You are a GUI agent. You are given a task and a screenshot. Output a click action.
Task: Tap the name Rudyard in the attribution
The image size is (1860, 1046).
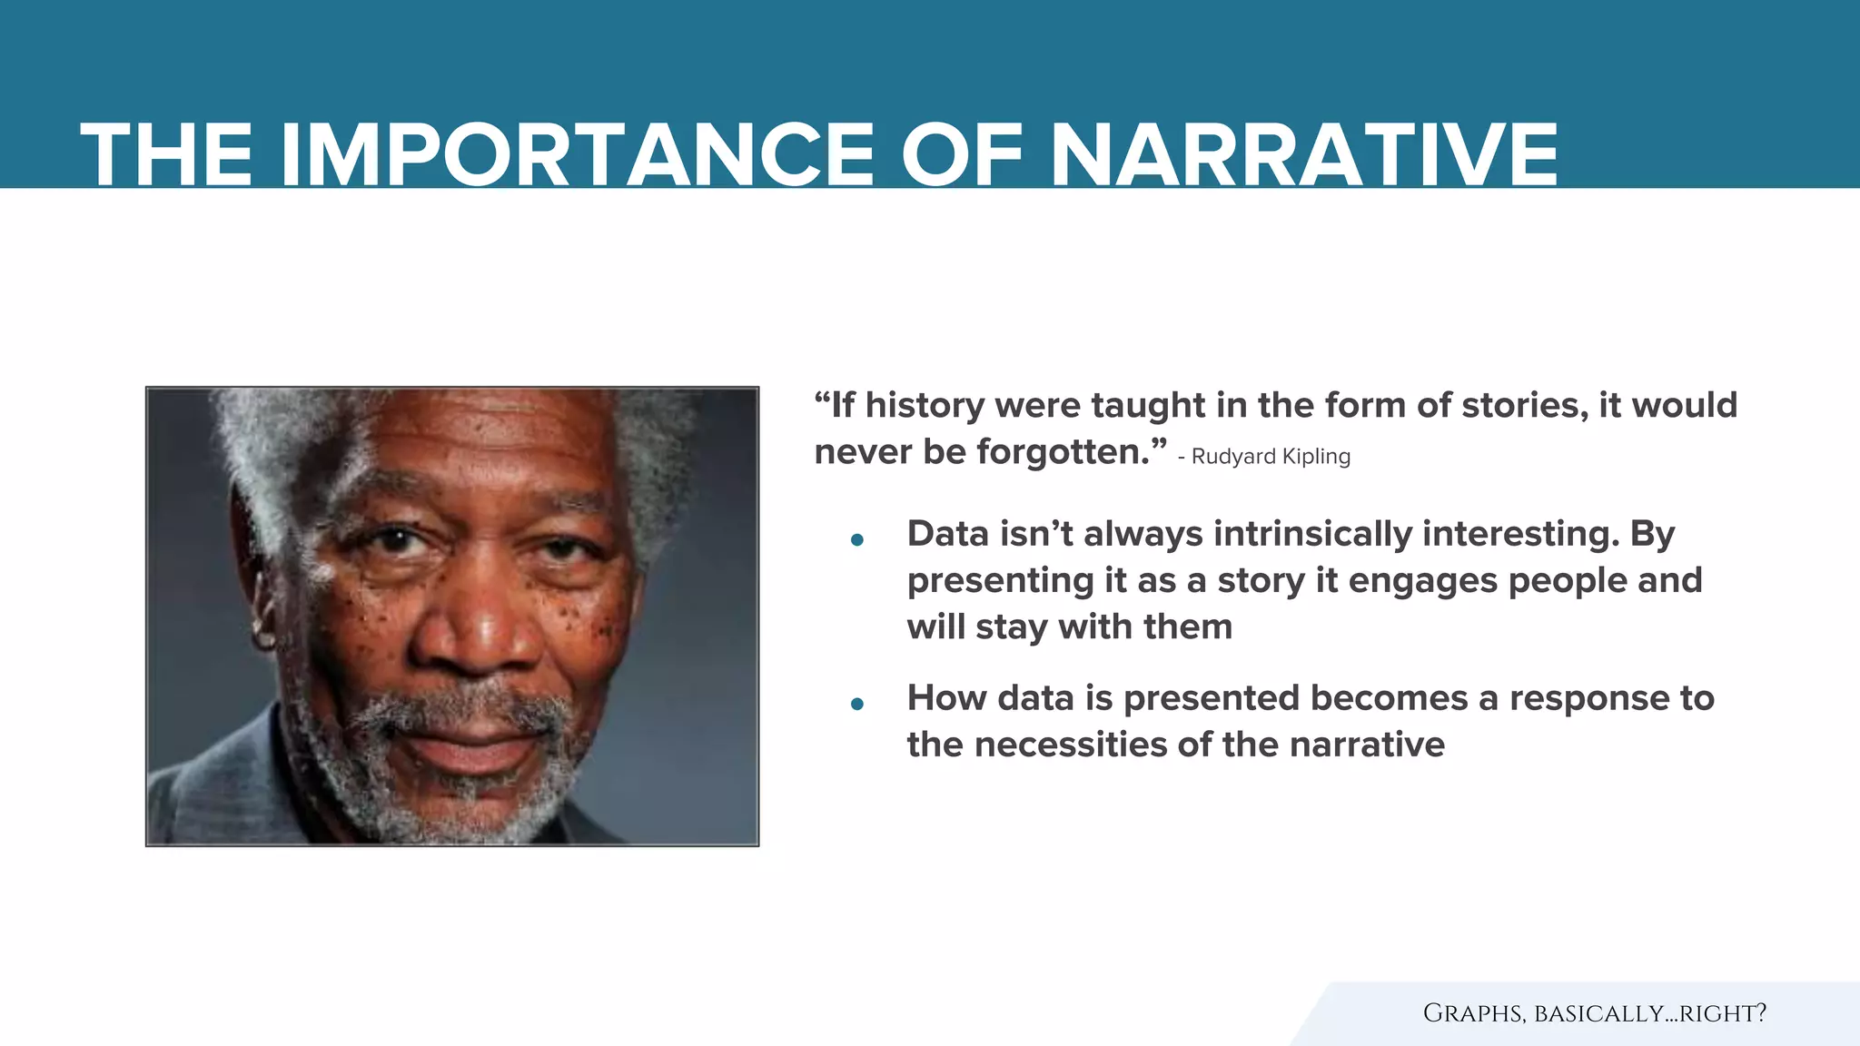tap(1232, 457)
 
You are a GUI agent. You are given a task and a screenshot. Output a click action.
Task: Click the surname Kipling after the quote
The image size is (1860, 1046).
tap(1316, 457)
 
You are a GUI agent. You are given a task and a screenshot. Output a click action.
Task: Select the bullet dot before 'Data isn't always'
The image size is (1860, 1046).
tap(856, 540)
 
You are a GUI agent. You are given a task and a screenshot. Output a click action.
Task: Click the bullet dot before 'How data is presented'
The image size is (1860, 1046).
tap(856, 704)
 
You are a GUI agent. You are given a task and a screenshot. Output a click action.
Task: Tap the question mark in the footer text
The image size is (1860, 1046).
tap(1760, 1013)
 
